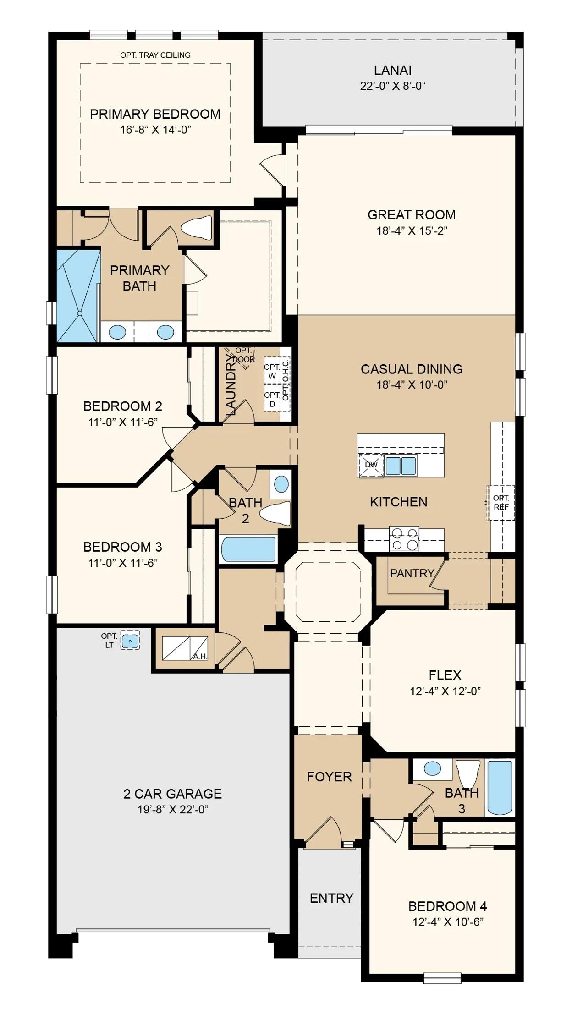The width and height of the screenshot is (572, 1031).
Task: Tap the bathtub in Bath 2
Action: pos(248,549)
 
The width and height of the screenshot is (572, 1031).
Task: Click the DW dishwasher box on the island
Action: pos(371,465)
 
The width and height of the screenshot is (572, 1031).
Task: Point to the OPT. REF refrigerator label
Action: pos(501,503)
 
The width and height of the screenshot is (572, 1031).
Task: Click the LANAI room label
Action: pos(393,70)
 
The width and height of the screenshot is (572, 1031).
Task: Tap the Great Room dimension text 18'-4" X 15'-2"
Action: pos(412,230)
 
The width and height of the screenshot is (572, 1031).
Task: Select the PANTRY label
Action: pos(412,573)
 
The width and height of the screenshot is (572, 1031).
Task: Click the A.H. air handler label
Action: pos(200,656)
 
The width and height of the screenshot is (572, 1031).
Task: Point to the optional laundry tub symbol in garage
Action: pos(130,640)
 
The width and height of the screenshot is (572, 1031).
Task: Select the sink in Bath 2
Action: pos(281,484)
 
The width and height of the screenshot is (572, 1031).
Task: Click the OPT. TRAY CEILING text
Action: pos(155,55)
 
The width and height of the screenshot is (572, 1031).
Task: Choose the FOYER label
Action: pos(329,777)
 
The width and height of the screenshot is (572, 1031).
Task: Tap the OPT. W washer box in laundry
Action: pos(272,372)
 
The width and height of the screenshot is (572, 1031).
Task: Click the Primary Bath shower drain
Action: pos(80,313)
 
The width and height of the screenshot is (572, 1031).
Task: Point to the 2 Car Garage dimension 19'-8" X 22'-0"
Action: pos(173,810)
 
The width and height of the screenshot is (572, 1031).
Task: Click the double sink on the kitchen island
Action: pos(401,466)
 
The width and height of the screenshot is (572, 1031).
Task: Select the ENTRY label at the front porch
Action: pos(331,898)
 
